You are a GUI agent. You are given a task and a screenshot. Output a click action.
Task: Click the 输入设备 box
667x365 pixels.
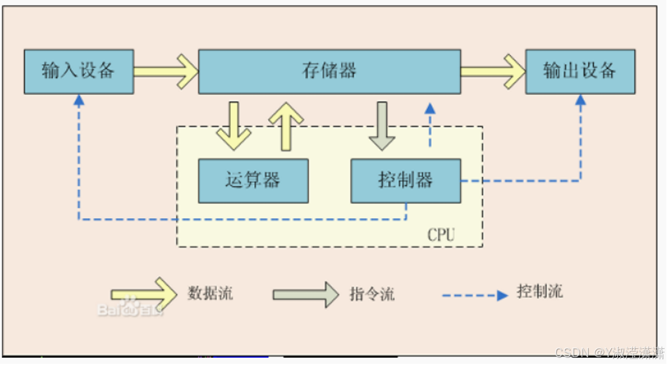point(79,72)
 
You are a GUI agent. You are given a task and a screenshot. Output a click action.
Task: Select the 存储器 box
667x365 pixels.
point(329,72)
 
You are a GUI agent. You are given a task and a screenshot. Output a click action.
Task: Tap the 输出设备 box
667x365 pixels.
point(580,72)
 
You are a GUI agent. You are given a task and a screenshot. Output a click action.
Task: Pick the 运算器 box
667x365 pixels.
point(253,180)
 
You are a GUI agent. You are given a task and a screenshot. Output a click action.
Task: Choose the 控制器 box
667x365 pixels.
point(406,180)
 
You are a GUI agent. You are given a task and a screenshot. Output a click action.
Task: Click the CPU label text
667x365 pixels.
point(441,235)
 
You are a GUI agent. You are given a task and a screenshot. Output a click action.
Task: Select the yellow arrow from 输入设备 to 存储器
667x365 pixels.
point(166,72)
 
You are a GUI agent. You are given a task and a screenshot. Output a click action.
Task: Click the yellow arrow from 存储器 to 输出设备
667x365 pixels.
point(493,72)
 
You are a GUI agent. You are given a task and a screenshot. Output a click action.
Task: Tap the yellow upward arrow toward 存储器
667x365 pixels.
point(286,125)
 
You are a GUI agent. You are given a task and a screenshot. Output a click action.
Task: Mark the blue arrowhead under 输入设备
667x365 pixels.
point(79,101)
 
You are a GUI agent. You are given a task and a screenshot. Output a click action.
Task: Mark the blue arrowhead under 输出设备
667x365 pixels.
point(580,101)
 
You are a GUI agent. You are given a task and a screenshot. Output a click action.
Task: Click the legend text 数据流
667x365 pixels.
point(210,293)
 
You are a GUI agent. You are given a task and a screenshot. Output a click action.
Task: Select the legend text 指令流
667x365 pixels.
point(372,294)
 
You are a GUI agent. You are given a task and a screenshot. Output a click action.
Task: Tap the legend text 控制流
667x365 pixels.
point(539,292)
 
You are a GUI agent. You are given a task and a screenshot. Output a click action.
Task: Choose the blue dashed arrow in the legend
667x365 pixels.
point(475,296)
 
